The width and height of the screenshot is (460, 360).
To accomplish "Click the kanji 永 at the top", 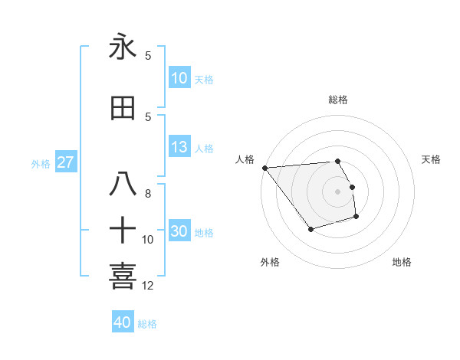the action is [x=123, y=48].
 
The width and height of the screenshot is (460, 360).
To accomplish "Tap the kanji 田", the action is [x=123, y=109].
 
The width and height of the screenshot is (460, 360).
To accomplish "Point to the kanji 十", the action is [x=123, y=230].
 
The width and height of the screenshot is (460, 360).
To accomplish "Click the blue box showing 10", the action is [x=179, y=78].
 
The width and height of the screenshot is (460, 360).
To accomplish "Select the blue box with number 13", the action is [x=179, y=147].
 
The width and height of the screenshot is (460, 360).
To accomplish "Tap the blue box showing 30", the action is [x=179, y=231].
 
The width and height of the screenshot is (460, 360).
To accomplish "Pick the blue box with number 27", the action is [x=65, y=162].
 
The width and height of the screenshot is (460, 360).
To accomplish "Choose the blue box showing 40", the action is [x=122, y=322].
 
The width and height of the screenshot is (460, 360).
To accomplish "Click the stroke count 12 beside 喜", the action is [x=148, y=286].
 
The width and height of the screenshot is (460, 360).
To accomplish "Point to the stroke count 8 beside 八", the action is [x=148, y=194].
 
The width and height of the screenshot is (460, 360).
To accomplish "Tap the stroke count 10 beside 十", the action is [x=148, y=240].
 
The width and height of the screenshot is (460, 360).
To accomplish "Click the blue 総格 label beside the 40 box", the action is [x=147, y=324].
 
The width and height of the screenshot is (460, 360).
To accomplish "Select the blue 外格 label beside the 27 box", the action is [x=41, y=164].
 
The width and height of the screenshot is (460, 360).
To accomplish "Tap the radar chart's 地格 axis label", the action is [x=402, y=262].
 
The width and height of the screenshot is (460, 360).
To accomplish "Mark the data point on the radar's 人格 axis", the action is [x=264, y=168].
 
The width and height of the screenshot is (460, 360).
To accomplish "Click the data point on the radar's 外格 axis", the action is [x=310, y=229].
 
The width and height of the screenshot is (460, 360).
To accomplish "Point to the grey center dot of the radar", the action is [x=337, y=191].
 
